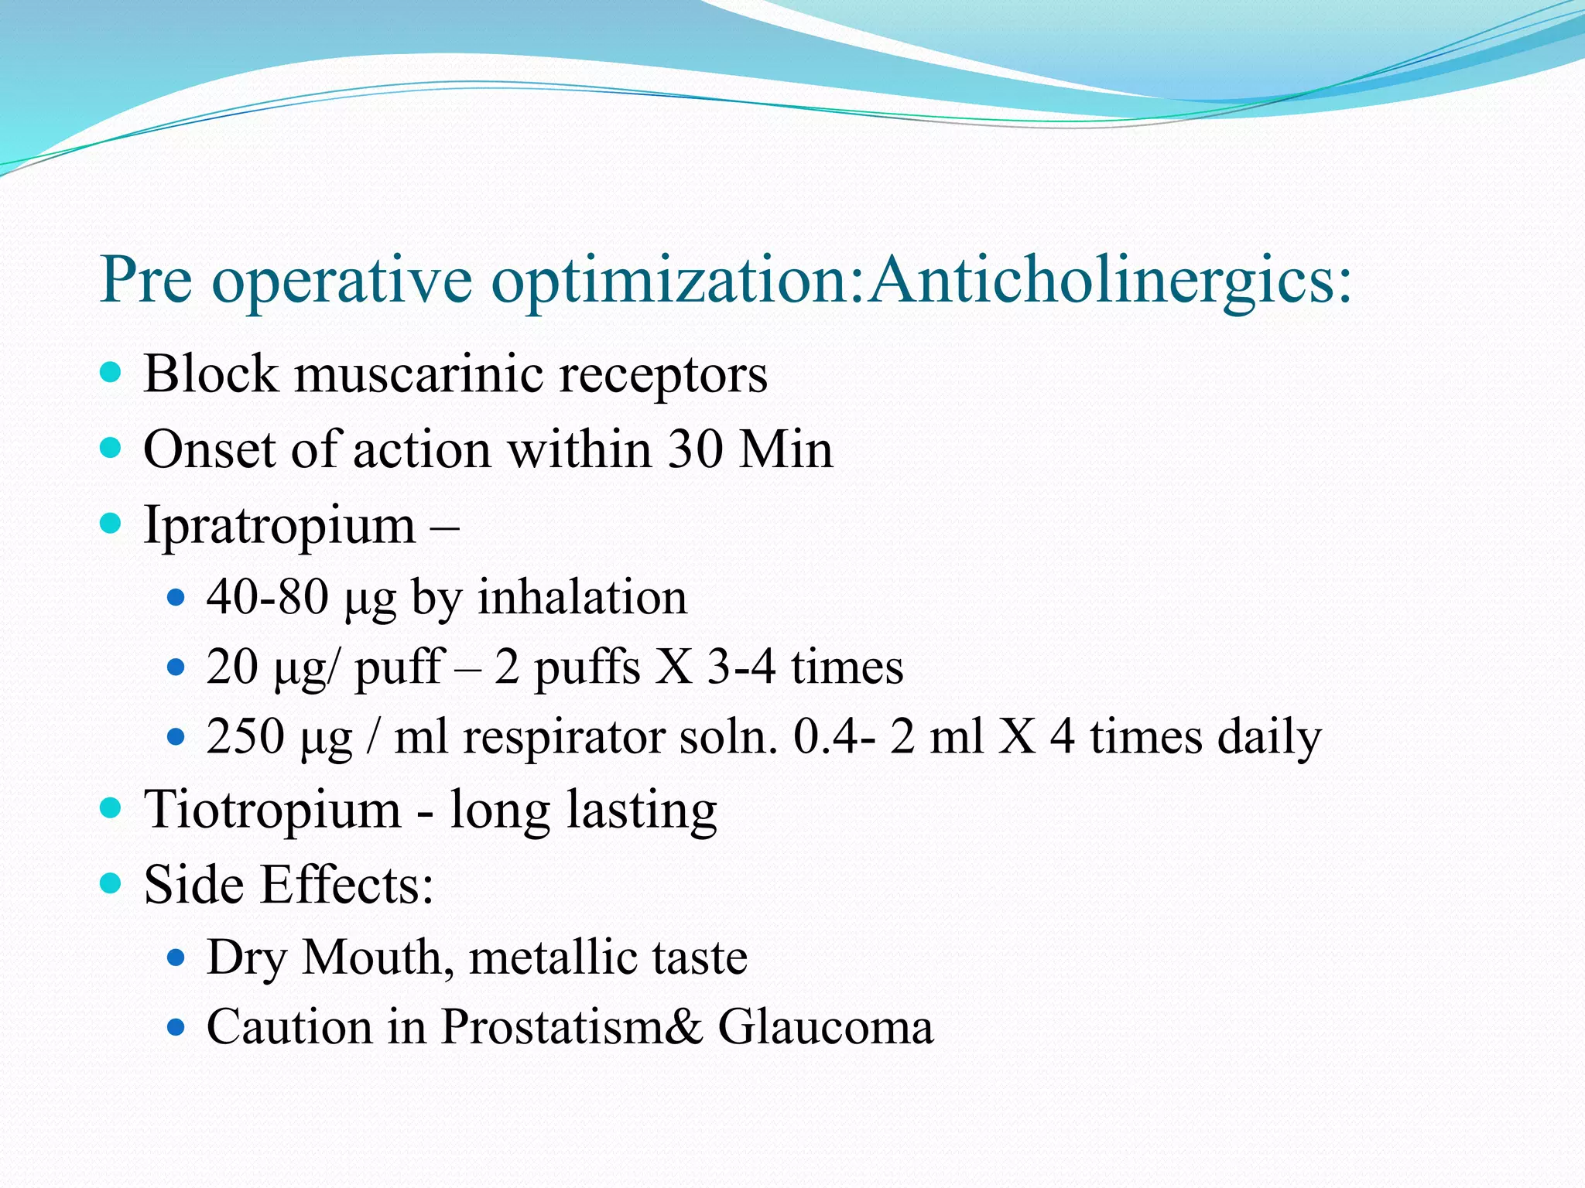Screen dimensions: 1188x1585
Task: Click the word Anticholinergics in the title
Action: pos(1110,280)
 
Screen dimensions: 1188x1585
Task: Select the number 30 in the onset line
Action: pos(696,449)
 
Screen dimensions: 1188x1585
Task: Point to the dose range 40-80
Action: pos(268,598)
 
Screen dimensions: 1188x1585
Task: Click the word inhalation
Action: pos(582,598)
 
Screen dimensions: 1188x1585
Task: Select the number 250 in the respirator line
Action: pos(245,736)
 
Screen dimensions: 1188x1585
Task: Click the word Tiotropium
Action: pos(272,811)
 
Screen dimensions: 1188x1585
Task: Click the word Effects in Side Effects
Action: pos(346,885)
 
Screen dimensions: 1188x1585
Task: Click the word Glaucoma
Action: pos(826,1027)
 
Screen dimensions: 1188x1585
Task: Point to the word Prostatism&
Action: pos(572,1027)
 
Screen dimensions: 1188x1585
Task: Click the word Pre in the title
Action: pos(146,280)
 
